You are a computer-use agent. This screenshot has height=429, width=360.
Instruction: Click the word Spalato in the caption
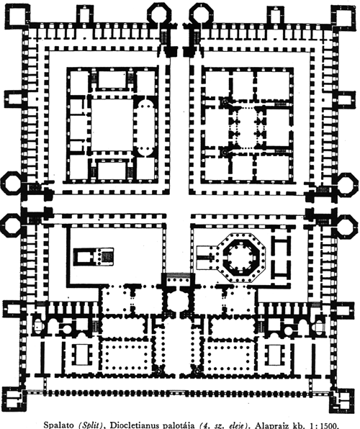[x=59, y=425]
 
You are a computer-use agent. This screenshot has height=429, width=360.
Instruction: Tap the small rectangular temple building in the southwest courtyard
[x=94, y=257]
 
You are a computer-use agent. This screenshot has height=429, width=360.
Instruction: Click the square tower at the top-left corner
[x=17, y=16]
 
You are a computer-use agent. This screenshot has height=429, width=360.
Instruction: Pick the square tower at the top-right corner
[x=343, y=16]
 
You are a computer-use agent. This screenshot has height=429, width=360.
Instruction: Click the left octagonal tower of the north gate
[x=158, y=13]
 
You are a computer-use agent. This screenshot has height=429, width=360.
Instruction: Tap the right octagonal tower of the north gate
[x=201, y=13]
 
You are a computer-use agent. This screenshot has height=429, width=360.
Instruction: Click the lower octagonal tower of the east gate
[x=348, y=225]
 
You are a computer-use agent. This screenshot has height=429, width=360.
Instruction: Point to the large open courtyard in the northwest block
[x=112, y=125]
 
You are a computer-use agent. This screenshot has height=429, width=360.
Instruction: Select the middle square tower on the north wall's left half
[x=85, y=14]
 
